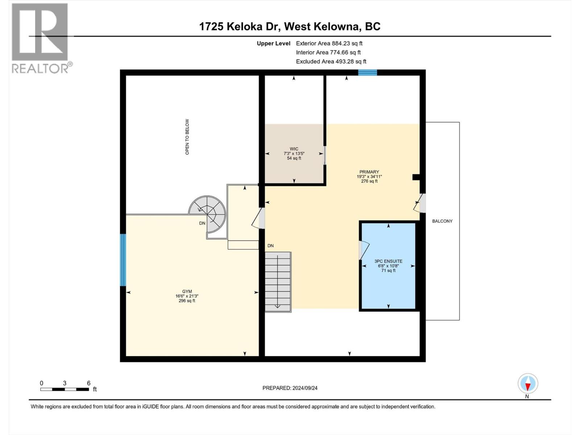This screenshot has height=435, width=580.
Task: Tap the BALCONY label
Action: [442, 221]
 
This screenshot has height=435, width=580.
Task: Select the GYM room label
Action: [187, 291]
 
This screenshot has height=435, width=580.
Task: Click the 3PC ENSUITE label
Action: [388, 261]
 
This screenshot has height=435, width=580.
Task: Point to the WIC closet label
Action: [294, 149]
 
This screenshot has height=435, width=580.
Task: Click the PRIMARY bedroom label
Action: [369, 172]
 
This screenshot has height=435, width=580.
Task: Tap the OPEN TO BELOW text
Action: [187, 137]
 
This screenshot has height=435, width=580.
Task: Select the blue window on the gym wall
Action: [123, 260]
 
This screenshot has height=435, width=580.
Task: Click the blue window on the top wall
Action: [368, 72]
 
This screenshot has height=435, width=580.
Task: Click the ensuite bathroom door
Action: [363, 250]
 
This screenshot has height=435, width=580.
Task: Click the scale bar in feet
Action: [65, 389]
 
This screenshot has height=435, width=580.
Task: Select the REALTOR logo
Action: [40, 38]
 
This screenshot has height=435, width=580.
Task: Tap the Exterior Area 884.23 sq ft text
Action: [329, 43]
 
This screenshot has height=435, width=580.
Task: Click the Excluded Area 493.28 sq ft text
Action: [331, 62]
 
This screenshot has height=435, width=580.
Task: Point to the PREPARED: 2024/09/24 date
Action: [290, 388]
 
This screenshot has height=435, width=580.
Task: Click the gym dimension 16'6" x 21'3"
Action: [187, 296]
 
